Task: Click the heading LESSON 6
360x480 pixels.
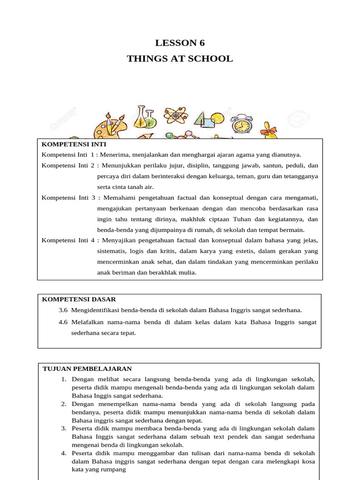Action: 180,43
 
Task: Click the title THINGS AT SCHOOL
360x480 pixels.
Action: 180,59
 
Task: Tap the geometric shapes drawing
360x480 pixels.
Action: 208,120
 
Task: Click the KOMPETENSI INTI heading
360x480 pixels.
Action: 74,144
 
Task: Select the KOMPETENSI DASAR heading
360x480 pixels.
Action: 79,299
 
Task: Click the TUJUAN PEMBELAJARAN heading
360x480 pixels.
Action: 87,368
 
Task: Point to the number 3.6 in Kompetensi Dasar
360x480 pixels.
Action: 63,310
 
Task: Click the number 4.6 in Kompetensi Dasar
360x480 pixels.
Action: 63,322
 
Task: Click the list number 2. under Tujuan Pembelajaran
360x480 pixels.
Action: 64,404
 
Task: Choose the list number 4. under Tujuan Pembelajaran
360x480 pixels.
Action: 64,453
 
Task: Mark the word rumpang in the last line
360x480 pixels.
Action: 115,469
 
